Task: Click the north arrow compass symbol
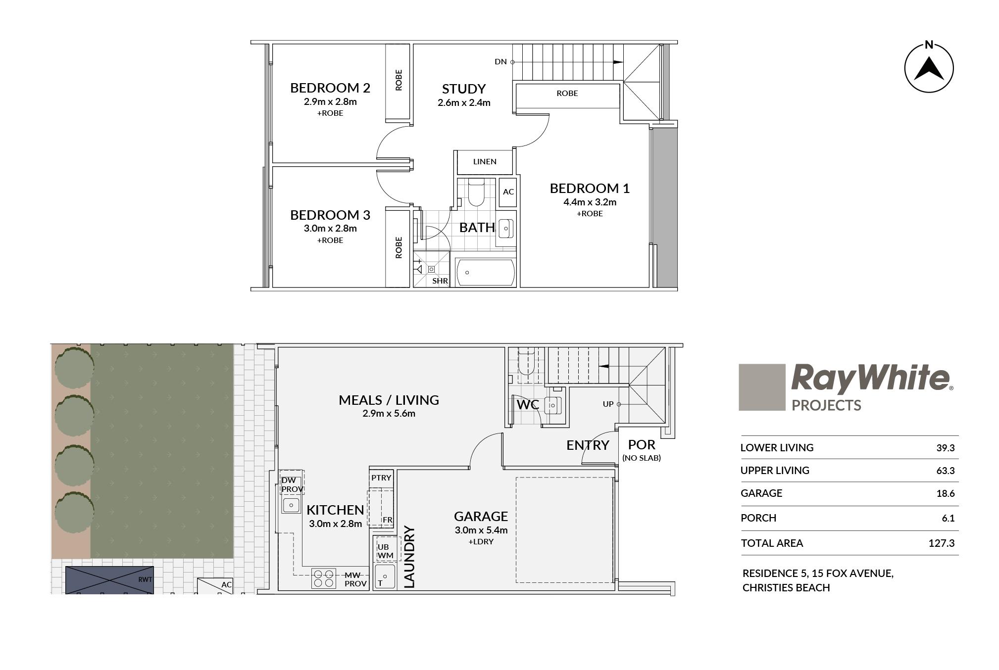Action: [x=929, y=67]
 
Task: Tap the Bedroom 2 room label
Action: [x=330, y=88]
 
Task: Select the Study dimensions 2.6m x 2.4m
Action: [x=464, y=103]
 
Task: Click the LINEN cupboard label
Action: [x=485, y=161]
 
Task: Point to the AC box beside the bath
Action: [x=508, y=192]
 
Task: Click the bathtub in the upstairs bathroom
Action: [x=485, y=272]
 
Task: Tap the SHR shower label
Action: [x=440, y=281]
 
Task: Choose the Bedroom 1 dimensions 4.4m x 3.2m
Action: [x=590, y=202]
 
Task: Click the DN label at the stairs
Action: [x=500, y=62]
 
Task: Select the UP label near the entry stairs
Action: [x=608, y=404]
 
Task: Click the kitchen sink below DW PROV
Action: [x=291, y=505]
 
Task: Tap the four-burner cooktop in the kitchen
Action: [x=324, y=578]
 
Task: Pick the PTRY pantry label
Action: [x=381, y=478]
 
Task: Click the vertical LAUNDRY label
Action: [x=409, y=557]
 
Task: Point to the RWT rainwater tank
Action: [x=109, y=580]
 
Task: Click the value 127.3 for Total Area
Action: [x=941, y=543]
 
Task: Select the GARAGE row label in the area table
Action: [x=761, y=493]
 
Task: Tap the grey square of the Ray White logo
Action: [x=762, y=387]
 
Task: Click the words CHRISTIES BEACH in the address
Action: [x=786, y=587]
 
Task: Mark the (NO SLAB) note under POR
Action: [x=642, y=458]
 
